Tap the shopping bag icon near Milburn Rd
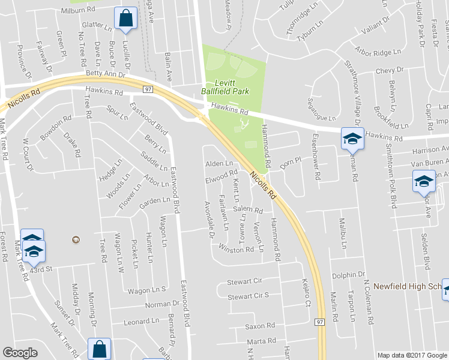125,19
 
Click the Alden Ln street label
219,164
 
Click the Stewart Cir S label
248,296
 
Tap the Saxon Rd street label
259,326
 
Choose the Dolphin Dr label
345,275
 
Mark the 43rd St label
42,269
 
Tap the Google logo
20,352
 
